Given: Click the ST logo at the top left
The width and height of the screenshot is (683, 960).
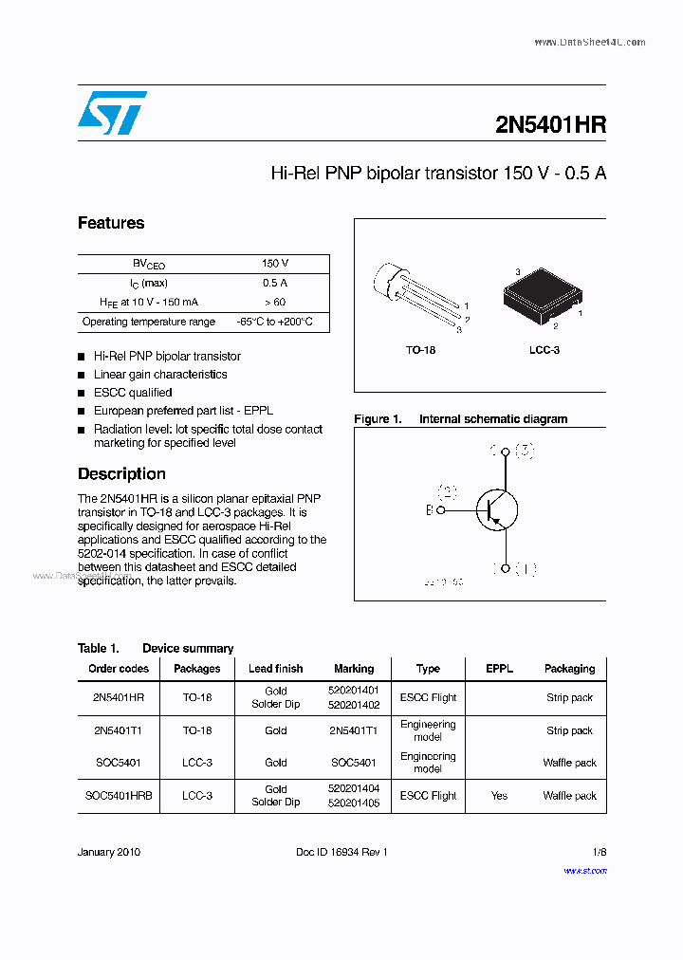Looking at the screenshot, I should [x=112, y=113].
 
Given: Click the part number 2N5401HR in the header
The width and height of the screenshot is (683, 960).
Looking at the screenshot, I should [x=550, y=125].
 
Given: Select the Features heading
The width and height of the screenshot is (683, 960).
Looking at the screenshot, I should [x=111, y=223].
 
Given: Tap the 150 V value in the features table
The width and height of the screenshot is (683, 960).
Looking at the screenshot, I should [x=275, y=264].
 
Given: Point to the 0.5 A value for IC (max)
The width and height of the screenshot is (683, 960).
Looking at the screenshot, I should [x=275, y=283].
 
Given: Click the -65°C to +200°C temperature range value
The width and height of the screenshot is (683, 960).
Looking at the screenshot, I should [x=274, y=323].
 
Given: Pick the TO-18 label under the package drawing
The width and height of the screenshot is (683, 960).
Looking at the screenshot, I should [x=420, y=350].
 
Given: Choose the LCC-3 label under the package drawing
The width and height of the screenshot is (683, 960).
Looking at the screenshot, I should [x=545, y=350].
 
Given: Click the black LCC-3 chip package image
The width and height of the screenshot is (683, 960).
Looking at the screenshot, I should [x=538, y=298].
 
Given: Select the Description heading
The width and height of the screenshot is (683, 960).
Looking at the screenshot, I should [x=121, y=473].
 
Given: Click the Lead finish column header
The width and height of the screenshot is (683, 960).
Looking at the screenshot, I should [x=276, y=669].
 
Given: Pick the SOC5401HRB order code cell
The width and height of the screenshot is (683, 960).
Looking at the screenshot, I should [x=119, y=796].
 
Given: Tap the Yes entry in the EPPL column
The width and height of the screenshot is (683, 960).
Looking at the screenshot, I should [x=500, y=796].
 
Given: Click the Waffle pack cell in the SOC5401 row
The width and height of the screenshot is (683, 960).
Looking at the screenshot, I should [x=569, y=763].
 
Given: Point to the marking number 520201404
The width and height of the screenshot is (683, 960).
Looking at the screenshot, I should [x=355, y=789].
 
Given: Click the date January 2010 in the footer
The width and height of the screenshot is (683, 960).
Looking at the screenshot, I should [x=109, y=852].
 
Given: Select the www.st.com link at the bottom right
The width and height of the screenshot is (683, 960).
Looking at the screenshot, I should [x=585, y=870].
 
